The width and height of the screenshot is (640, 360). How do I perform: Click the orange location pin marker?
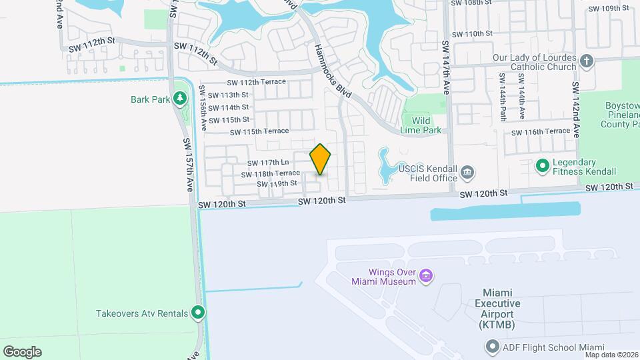pos(321,159)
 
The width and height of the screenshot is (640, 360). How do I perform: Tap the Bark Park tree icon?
pos(179,99)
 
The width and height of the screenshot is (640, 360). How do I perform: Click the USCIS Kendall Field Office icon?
pos(467,173)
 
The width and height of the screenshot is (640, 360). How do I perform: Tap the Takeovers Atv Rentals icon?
pos(197,312)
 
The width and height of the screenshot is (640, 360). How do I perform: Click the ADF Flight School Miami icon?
pos(492,347)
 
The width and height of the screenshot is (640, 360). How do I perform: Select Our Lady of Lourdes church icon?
pos(587,61)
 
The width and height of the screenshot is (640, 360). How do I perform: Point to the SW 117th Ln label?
pos(268,163)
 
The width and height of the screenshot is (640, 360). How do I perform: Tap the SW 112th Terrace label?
pos(256,82)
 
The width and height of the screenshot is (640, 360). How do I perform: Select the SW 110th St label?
pos(472,33)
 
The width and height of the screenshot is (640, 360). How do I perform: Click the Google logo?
pos(22,351)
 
